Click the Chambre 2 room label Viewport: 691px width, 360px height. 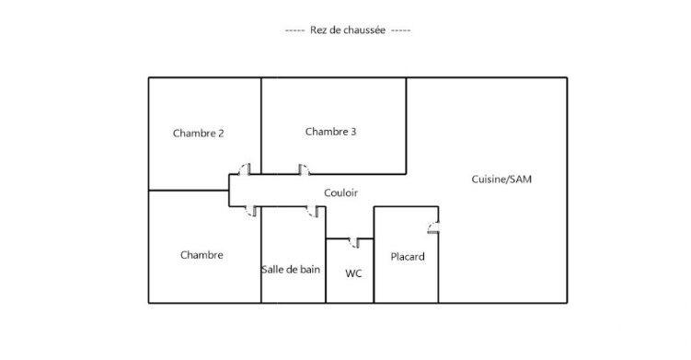click(198, 134)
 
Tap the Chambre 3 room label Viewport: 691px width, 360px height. click(330, 132)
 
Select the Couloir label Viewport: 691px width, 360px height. click(340, 192)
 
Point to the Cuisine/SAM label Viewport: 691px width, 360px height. click(501, 180)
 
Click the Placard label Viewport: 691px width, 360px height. click(408, 257)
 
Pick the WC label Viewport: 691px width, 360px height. click(353, 273)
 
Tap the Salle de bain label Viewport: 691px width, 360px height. click(293, 270)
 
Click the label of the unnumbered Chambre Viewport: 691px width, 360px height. click(202, 255)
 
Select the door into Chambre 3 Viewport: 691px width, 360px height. click(303, 169)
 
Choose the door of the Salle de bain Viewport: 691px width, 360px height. click(314, 212)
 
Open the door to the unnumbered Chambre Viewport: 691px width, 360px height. click(252, 211)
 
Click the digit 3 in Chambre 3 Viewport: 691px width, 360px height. click(353, 132)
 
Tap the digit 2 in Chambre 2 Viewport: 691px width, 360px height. click(221, 134)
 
